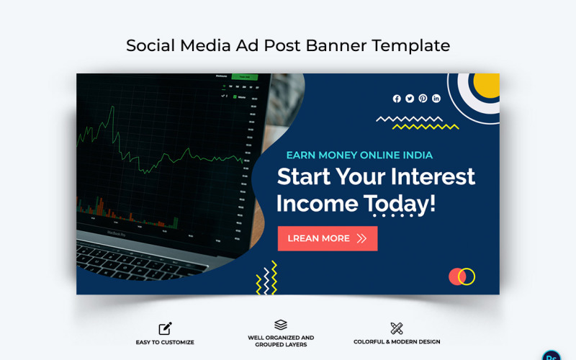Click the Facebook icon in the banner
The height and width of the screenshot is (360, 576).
pos(397,99)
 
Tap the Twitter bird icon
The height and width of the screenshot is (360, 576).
pos(410,99)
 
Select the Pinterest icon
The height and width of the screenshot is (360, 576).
pos(423,99)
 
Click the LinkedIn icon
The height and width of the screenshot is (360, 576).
pos(436,99)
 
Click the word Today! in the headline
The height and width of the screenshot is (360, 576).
pos(400,203)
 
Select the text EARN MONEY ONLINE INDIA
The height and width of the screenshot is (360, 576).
pos(359,155)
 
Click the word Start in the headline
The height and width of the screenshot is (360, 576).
pos(304,176)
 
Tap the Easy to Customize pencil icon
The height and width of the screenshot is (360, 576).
pos(165,328)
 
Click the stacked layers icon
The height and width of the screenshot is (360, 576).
pos(281,325)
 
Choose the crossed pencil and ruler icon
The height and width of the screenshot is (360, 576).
pos(397,328)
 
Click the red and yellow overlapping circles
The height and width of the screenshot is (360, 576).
pos(462,276)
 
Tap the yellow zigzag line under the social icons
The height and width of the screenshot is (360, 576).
pos(426,127)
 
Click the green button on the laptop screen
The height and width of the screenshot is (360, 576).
pos(244,76)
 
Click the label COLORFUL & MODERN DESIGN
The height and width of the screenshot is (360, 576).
pos(397,342)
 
